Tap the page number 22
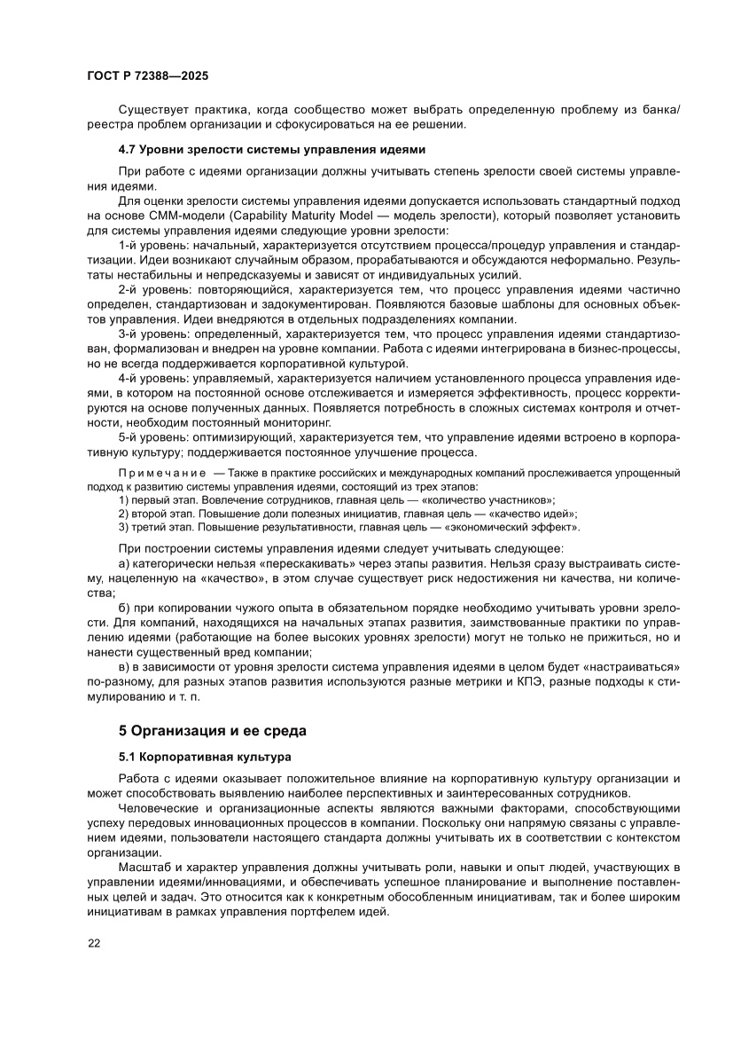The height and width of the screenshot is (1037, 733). coord(94,943)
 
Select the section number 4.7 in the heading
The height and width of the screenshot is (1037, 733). coord(129,149)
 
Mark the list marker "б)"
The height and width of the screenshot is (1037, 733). coord(124,608)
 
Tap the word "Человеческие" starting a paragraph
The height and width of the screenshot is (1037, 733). coord(160,809)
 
